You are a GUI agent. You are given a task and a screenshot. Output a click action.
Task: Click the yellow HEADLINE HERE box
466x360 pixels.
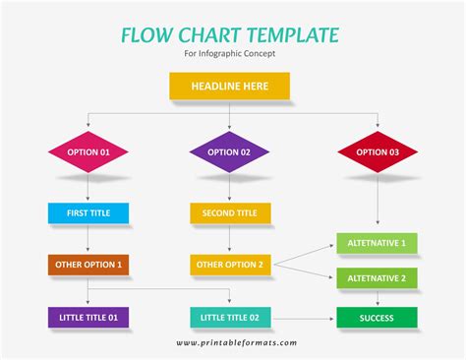pos(230,87)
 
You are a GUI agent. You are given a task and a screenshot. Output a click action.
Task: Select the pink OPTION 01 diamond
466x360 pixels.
pos(88,152)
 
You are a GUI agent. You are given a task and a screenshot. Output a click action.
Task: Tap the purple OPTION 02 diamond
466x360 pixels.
pos(230,152)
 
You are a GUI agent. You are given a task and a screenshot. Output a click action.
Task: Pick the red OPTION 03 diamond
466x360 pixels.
pos(378,152)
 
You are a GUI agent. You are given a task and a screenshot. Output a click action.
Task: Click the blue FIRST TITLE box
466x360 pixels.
pos(88,212)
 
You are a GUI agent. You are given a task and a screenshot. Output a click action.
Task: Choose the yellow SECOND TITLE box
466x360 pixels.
pos(230,212)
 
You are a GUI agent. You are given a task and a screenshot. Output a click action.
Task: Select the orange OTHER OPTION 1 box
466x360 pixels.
pos(88,265)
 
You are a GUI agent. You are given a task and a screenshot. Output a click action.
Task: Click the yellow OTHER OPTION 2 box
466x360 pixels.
pos(230,265)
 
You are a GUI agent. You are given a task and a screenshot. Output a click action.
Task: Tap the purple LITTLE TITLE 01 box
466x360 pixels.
pos(88,318)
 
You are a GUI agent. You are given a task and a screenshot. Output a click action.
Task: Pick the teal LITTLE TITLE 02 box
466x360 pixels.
pos(230,318)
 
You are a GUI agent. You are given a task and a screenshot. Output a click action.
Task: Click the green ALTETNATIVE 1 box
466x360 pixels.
pos(378,242)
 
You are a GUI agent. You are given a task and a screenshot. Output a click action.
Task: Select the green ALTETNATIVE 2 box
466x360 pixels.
pos(378,278)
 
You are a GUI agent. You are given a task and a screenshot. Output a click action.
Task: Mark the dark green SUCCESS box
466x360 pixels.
pos(378,318)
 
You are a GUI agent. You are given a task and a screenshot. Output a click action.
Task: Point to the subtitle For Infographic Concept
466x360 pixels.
pos(230,53)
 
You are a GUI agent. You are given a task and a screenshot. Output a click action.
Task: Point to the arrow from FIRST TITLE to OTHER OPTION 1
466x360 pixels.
pos(88,239)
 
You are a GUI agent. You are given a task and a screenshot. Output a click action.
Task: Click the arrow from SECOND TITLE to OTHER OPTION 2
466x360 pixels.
pos(230,239)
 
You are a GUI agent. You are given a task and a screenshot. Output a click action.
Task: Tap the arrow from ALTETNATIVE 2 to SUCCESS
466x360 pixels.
pos(378,298)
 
